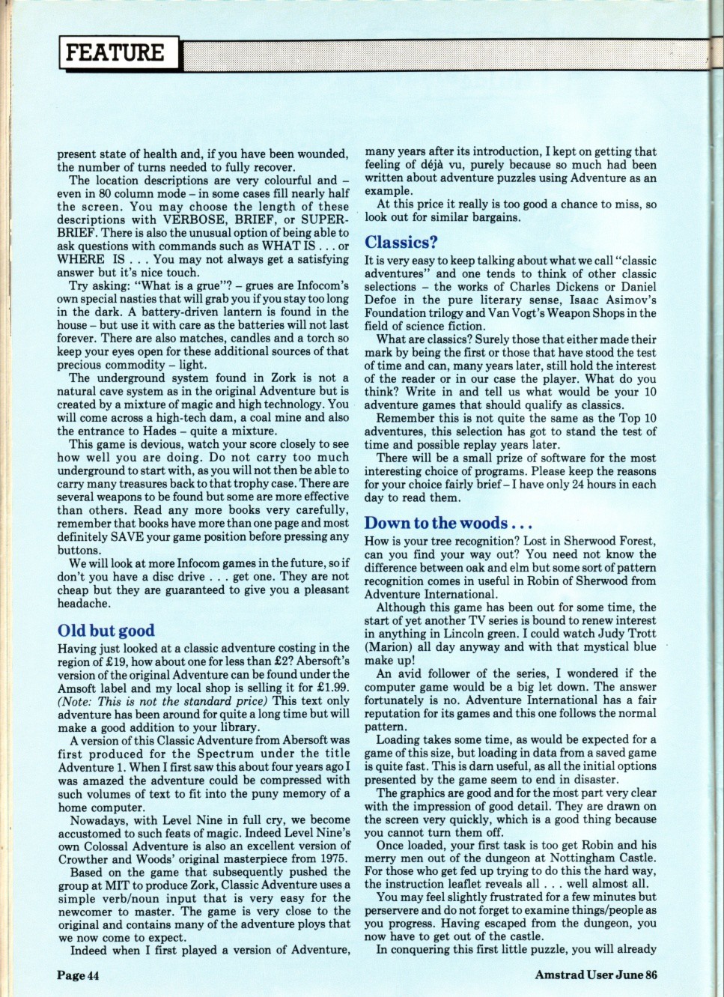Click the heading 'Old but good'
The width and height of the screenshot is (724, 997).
pyautogui.click(x=106, y=630)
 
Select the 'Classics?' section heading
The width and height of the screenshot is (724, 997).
pyautogui.click(x=401, y=242)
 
